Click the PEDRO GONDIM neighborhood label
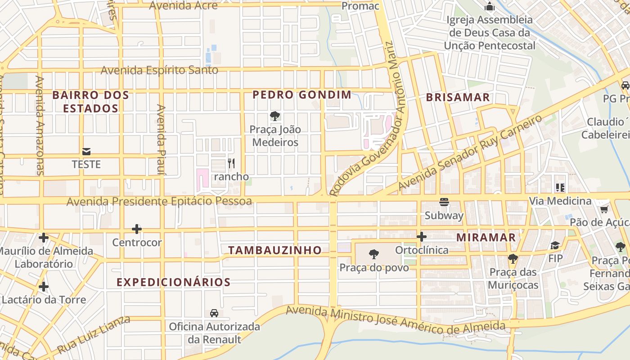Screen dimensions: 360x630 301,95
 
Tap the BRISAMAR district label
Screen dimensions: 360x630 458,97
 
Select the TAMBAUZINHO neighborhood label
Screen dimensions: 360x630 275,250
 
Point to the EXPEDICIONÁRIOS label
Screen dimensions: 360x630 174,282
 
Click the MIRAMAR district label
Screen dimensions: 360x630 486,237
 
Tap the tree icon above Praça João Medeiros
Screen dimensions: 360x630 275,116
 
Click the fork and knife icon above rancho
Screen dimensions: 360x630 231,163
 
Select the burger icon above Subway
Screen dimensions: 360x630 444,202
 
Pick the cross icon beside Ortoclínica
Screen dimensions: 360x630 422,236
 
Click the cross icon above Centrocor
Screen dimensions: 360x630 137,229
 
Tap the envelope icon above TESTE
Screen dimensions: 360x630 86,151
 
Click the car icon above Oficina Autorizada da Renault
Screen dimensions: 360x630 214,313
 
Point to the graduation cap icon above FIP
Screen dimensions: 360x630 555,246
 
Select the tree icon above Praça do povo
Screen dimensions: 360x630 374,255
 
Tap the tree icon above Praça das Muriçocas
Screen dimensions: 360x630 513,259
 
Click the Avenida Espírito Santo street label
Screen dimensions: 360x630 159,70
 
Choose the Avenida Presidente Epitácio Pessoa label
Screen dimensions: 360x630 159,201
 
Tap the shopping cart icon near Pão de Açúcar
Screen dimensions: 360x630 604,209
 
